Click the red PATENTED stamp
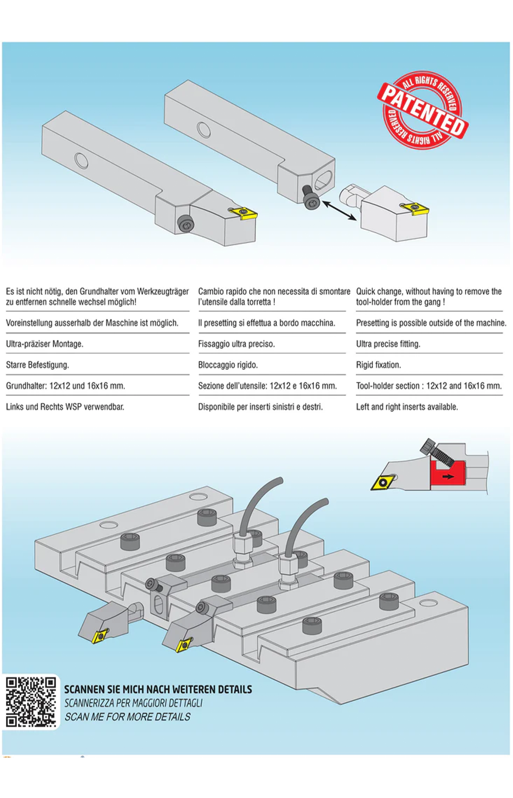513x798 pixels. pyautogui.click(x=422, y=110)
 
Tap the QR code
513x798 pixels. pyautogui.click(x=31, y=702)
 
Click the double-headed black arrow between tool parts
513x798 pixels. pyautogui.click(x=339, y=210)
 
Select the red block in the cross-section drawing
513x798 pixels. pyautogui.click(x=446, y=475)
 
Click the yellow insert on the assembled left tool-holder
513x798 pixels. pyautogui.click(x=243, y=213)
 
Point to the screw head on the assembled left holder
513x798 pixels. pyautogui.click(x=186, y=224)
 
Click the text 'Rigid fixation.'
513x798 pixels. pyautogui.click(x=378, y=365)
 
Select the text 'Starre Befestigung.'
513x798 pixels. pyautogui.click(x=37, y=365)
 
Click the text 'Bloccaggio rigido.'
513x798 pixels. pyautogui.click(x=228, y=365)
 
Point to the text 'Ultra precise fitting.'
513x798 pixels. pyautogui.click(x=388, y=344)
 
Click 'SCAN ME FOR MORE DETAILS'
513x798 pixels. pyautogui.click(x=127, y=717)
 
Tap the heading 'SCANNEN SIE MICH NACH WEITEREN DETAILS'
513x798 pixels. pyautogui.click(x=158, y=689)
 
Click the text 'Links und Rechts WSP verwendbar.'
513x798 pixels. pyautogui.click(x=65, y=407)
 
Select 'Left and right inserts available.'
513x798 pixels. pyautogui.click(x=407, y=407)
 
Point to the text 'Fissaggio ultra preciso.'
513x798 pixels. pyautogui.click(x=236, y=344)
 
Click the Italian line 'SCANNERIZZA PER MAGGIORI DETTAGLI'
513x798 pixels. pyautogui.click(x=133, y=703)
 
